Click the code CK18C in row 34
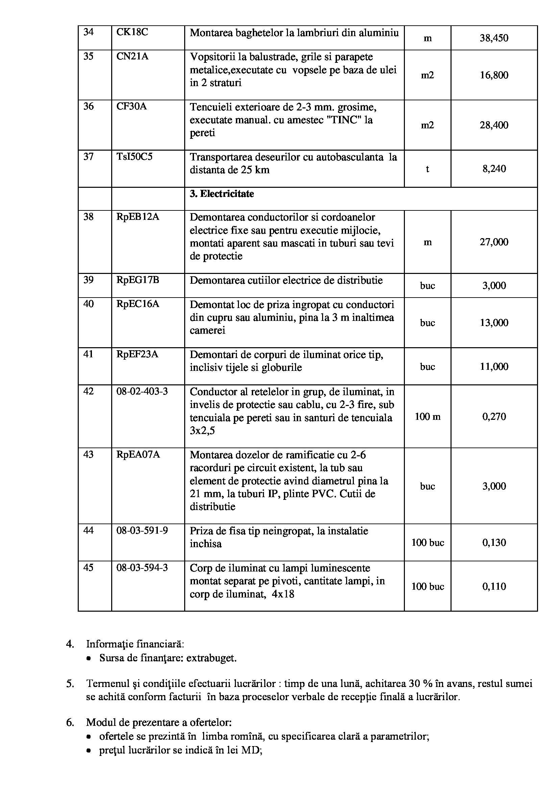[x=132, y=32]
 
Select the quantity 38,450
[x=494, y=38]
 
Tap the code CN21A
[x=132, y=56]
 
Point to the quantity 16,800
[x=494, y=75]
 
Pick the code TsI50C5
[x=134, y=157]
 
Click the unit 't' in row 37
[x=427, y=169]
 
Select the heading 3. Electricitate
[x=222, y=194]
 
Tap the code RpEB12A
[x=138, y=217]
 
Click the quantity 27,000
[x=494, y=242]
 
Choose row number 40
[x=89, y=304]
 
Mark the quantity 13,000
[x=494, y=323]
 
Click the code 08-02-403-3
[x=142, y=391]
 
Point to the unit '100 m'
[x=427, y=417]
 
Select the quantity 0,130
[x=494, y=543]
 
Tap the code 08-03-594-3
[x=142, y=567]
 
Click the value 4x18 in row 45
[x=283, y=594]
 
